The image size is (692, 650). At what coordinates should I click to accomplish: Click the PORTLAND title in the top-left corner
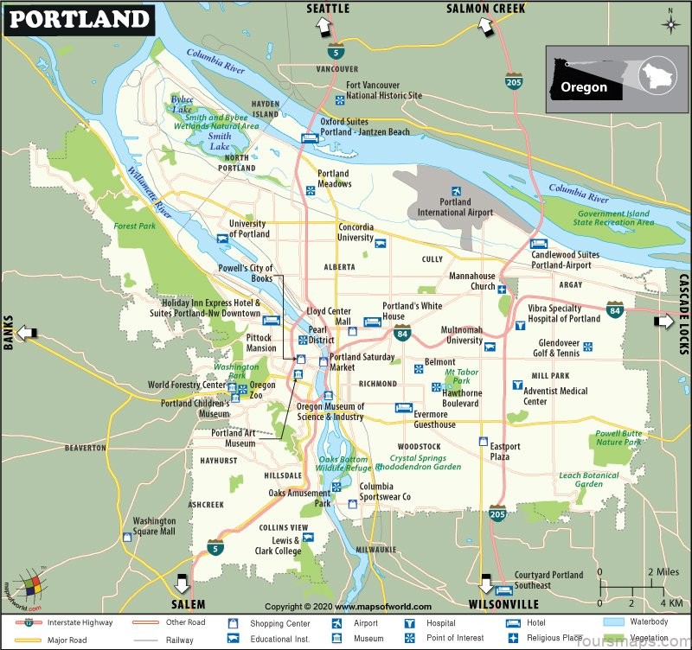(77, 18)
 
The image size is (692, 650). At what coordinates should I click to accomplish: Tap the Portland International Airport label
(455, 207)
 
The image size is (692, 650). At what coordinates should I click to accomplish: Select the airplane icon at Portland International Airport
(456, 191)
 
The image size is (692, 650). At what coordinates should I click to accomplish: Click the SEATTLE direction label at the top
(328, 9)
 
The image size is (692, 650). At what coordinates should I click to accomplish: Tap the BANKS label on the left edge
(9, 333)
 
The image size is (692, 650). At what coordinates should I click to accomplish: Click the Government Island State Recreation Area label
(615, 218)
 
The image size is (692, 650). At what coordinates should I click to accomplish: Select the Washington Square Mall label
(154, 526)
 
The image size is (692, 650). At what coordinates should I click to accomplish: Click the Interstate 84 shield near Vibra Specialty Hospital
(614, 309)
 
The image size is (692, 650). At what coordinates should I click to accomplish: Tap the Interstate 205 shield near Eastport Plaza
(497, 513)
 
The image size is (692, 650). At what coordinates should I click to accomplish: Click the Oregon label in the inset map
(584, 86)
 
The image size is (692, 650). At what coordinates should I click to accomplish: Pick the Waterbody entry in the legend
(649, 622)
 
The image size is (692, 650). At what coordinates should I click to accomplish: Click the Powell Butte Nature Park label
(618, 437)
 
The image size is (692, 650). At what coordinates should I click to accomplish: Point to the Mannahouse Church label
(471, 281)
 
